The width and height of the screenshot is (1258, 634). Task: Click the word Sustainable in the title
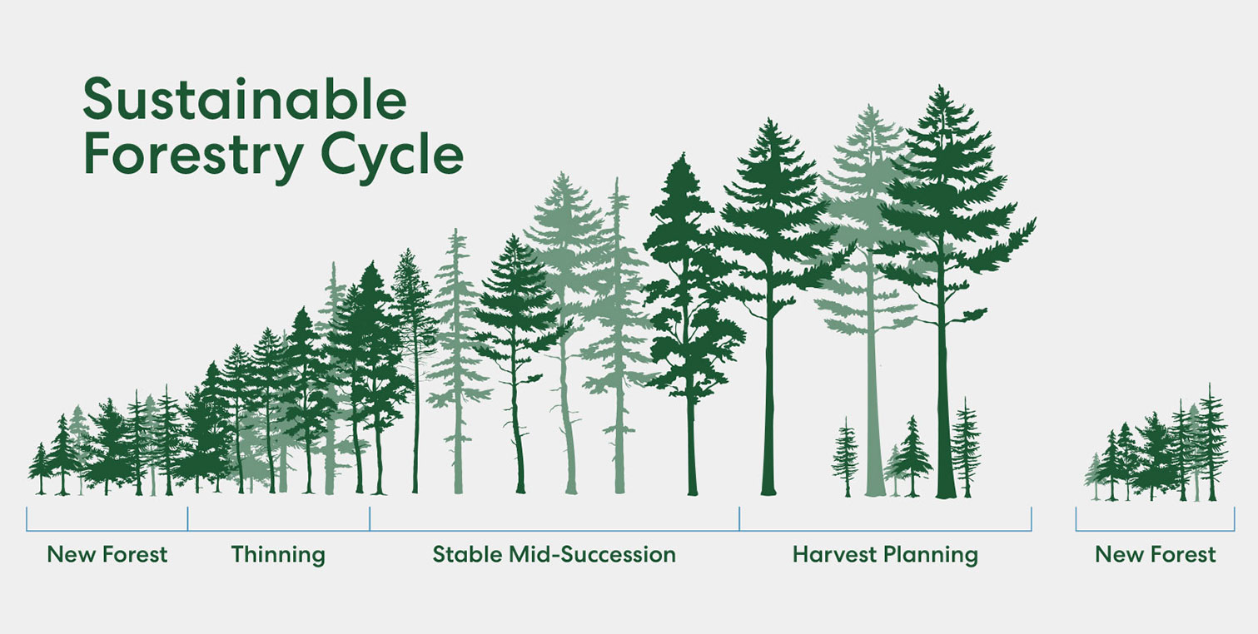tap(245, 99)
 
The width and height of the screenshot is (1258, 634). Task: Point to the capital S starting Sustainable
tap(98, 99)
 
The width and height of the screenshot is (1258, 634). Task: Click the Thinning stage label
tap(279, 555)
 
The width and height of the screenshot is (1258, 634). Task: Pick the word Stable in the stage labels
tap(468, 554)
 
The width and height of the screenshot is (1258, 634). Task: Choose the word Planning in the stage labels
tap(931, 556)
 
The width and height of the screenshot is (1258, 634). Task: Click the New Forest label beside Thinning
tap(107, 554)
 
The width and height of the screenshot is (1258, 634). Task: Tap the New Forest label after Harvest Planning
tap(1156, 554)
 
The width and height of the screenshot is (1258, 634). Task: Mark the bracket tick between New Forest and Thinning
tap(187, 518)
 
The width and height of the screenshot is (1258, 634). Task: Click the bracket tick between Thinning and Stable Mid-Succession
tap(370, 518)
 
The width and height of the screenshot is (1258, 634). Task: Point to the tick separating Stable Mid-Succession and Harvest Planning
tap(739, 518)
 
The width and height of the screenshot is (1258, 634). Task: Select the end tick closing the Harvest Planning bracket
tap(1031, 518)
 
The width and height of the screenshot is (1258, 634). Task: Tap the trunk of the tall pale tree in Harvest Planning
tap(873, 393)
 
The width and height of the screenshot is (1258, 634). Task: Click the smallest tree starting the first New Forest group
tap(41, 468)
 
